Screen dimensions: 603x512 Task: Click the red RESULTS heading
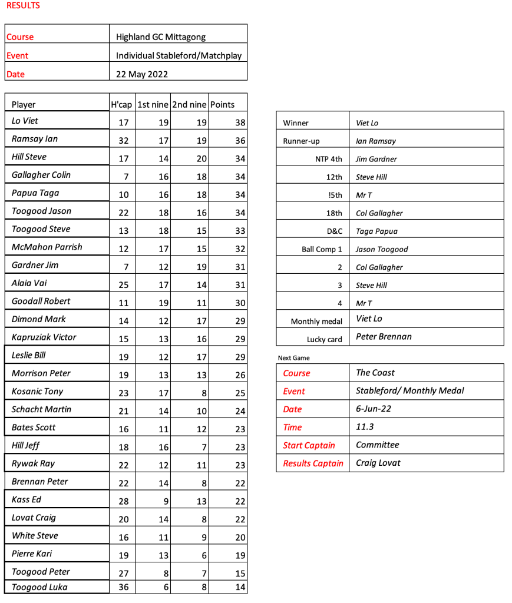23,6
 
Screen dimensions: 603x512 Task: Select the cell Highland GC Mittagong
161,37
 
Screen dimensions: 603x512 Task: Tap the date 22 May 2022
142,74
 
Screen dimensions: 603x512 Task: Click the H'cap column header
122,105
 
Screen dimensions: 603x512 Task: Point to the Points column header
222,105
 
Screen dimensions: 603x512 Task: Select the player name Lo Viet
25,121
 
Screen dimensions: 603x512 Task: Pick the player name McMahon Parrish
47,247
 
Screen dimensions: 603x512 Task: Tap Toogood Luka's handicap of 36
123,587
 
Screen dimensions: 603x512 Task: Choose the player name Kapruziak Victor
44,337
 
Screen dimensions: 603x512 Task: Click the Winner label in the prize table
296,123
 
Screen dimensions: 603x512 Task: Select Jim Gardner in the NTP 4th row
376,159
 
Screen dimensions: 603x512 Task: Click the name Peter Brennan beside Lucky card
384,337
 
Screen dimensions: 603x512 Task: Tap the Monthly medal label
316,322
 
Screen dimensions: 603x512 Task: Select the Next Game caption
293,357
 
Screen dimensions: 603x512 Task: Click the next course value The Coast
375,373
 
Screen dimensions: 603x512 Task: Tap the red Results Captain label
313,463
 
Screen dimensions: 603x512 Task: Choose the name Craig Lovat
378,463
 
